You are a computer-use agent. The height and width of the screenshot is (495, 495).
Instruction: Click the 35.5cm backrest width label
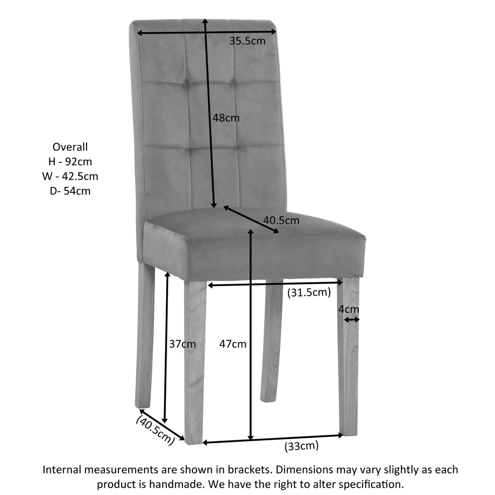click(247, 41)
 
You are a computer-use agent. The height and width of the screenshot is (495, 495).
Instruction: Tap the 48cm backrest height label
click(226, 118)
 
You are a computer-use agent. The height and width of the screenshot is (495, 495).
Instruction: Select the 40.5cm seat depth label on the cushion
click(281, 221)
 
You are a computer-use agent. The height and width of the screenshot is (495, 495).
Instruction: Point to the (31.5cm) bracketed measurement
click(309, 292)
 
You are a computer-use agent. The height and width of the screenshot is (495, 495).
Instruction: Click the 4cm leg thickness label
click(349, 309)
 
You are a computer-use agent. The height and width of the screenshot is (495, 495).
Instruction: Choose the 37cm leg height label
click(182, 344)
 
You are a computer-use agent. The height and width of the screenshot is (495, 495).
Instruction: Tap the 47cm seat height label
click(233, 344)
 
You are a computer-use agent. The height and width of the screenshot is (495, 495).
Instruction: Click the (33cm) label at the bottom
click(301, 446)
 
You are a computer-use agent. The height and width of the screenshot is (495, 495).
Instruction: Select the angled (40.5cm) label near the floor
click(155, 429)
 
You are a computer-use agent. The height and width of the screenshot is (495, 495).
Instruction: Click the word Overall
click(70, 147)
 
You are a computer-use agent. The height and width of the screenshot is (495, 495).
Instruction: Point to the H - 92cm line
click(70, 161)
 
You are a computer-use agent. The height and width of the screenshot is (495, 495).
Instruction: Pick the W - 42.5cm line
click(70, 176)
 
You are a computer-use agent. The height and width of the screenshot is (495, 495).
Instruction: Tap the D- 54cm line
click(70, 191)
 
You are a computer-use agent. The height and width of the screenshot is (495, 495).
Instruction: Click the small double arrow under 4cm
click(351, 320)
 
